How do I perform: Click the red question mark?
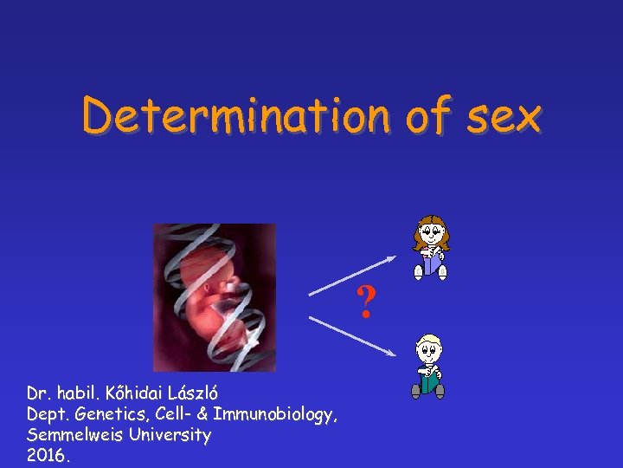(x=367, y=302)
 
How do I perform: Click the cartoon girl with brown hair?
(x=431, y=247)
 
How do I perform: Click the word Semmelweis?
(x=73, y=435)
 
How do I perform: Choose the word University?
(x=168, y=435)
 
